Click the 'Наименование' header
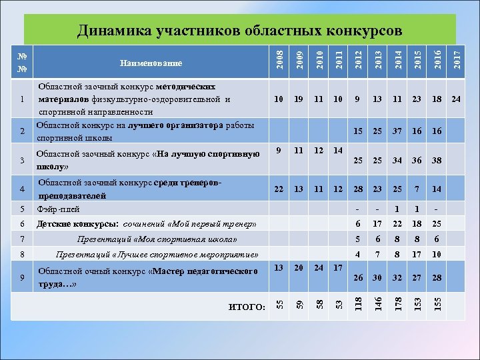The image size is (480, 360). tap(151, 63)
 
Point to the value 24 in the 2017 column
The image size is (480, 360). tap(455, 99)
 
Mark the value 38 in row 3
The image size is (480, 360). tap(437, 161)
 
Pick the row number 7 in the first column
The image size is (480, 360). tap(23, 239)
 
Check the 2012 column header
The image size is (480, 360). tap(358, 58)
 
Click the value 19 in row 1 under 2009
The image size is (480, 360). tap(299, 99)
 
